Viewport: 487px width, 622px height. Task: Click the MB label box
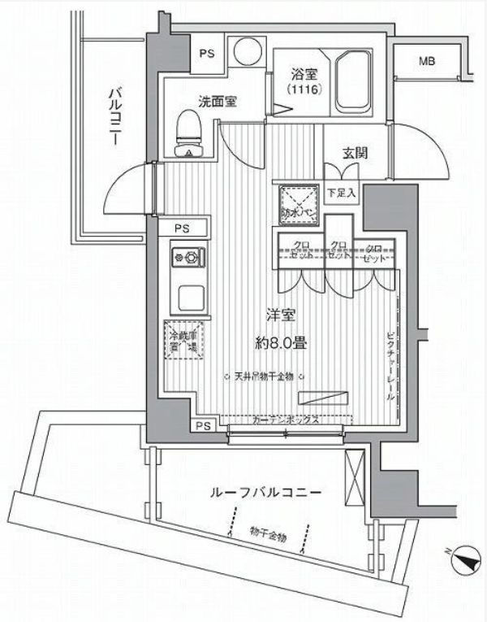[x=427, y=61]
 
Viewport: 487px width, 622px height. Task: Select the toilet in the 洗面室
[x=189, y=134]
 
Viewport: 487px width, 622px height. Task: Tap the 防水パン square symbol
[x=292, y=202]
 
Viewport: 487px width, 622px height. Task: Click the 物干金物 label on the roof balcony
[x=268, y=535]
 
